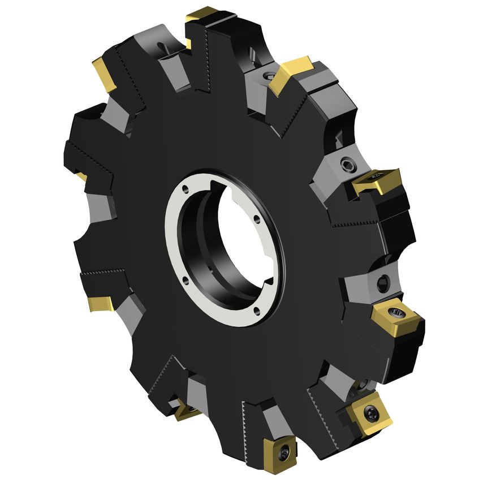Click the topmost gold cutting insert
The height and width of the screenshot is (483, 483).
point(202,16)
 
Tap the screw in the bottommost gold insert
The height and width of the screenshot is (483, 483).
point(284,451)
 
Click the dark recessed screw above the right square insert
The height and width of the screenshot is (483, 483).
point(382,281)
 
